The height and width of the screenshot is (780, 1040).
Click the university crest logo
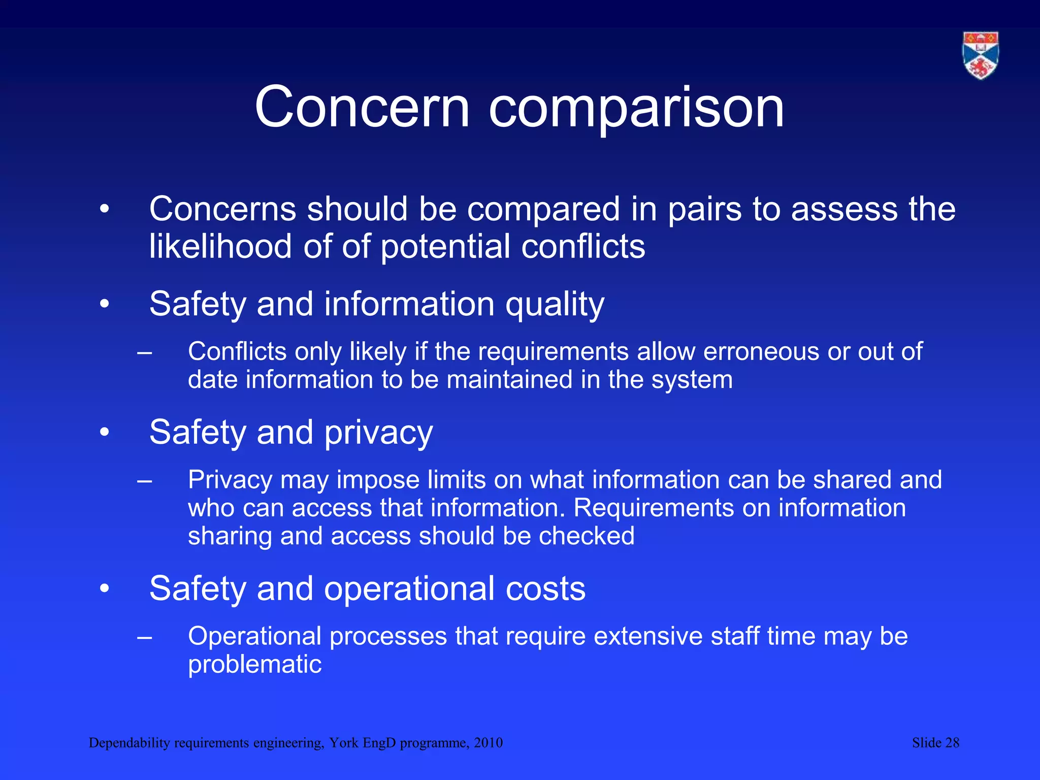981,55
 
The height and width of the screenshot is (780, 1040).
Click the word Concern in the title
362,107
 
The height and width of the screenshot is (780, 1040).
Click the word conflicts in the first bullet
583,247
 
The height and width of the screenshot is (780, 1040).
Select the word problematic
254,665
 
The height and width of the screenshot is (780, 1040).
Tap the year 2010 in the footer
488,743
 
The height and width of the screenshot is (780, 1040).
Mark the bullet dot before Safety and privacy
105,433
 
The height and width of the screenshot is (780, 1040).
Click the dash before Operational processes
145,637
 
